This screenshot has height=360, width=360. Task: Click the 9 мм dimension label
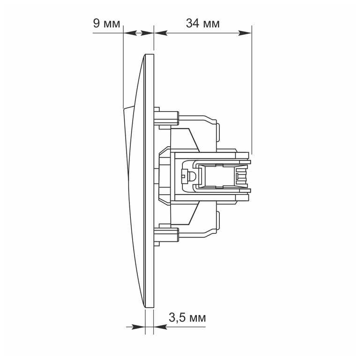pyautogui.click(x=106, y=23)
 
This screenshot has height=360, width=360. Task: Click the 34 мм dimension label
pyautogui.click(x=202, y=23)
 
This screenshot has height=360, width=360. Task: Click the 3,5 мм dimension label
pyautogui.click(x=187, y=318)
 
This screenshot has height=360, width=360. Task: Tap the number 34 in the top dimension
pyautogui.click(x=192, y=23)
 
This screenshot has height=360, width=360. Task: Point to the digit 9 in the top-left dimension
pyautogui.click(x=96, y=23)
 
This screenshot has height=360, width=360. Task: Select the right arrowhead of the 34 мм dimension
pyautogui.click(x=245, y=33)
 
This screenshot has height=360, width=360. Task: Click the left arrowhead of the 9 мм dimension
pyautogui.click(x=130, y=33)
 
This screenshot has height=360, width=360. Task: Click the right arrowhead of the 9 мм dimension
pyautogui.click(x=147, y=33)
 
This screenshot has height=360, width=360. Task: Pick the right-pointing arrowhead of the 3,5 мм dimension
pyautogui.click(x=138, y=327)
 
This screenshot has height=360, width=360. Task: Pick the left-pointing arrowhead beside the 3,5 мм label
pyautogui.click(x=160, y=327)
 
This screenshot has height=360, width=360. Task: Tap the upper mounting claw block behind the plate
pyautogui.click(x=166, y=118)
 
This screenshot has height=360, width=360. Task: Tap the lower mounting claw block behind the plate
pyautogui.click(x=166, y=235)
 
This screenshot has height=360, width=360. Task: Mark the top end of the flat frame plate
pyautogui.click(x=150, y=54)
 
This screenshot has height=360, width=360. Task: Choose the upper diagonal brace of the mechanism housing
pyautogui.click(x=194, y=140)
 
